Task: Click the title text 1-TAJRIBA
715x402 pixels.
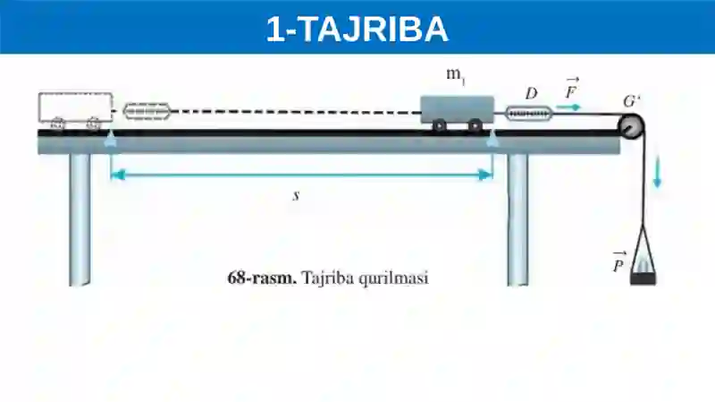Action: (x=357, y=30)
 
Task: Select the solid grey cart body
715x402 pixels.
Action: (x=457, y=109)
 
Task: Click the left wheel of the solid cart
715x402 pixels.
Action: (x=439, y=125)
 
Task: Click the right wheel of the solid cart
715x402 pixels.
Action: (x=475, y=125)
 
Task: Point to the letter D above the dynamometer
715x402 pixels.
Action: (x=531, y=94)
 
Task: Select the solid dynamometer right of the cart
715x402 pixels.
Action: (x=529, y=114)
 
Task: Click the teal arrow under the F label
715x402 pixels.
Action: (x=568, y=107)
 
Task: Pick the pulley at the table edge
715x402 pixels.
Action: (x=631, y=126)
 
